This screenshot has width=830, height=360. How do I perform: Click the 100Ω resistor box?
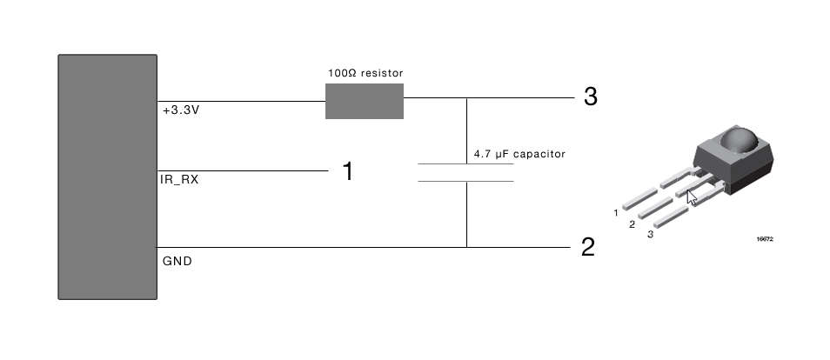(364, 101)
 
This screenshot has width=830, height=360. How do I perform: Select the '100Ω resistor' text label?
(364, 73)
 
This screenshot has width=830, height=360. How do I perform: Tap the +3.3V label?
(183, 111)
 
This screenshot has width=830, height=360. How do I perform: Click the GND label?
(177, 260)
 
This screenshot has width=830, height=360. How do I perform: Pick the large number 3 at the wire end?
(590, 97)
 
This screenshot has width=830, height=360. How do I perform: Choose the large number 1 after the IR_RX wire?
(348, 172)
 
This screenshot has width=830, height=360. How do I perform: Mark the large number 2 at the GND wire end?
(588, 248)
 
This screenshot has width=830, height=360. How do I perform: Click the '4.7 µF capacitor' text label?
(519, 154)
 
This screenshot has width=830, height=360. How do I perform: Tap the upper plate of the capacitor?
(465, 163)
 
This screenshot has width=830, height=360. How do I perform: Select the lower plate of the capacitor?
(465, 181)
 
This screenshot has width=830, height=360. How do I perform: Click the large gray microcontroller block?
(107, 177)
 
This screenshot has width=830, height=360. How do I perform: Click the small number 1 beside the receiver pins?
(616, 212)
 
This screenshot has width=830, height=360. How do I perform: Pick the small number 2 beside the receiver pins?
(633, 224)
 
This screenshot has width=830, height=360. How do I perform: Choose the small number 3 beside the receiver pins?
(650, 233)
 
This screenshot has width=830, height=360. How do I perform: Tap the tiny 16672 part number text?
(765, 238)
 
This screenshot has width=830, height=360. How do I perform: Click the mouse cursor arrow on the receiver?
(692, 197)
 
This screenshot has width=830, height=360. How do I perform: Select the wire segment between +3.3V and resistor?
(241, 102)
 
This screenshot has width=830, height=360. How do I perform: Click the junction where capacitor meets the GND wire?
(466, 247)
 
